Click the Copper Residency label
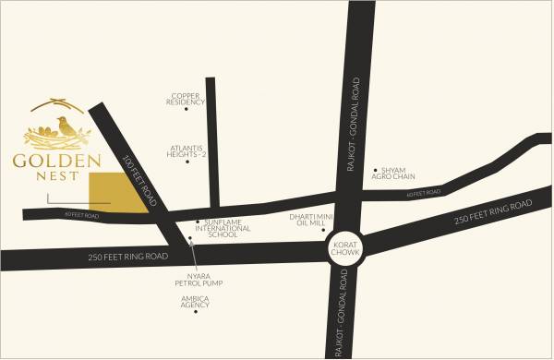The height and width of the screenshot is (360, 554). pos(185,99)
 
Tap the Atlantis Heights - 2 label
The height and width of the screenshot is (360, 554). pos(187,150)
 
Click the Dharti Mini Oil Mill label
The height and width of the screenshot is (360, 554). pos(305,220)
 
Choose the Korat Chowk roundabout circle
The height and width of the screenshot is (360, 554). pos(347,246)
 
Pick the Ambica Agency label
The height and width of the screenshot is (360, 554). pos(195,302)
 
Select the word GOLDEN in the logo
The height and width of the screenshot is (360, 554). pos(56,162)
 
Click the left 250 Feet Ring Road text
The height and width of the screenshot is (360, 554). pos(128,256)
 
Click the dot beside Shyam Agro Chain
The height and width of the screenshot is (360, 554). pos(375,171)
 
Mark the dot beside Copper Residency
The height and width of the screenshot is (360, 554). pos(186,109)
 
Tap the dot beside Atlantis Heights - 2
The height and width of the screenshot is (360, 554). pos(187,162)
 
